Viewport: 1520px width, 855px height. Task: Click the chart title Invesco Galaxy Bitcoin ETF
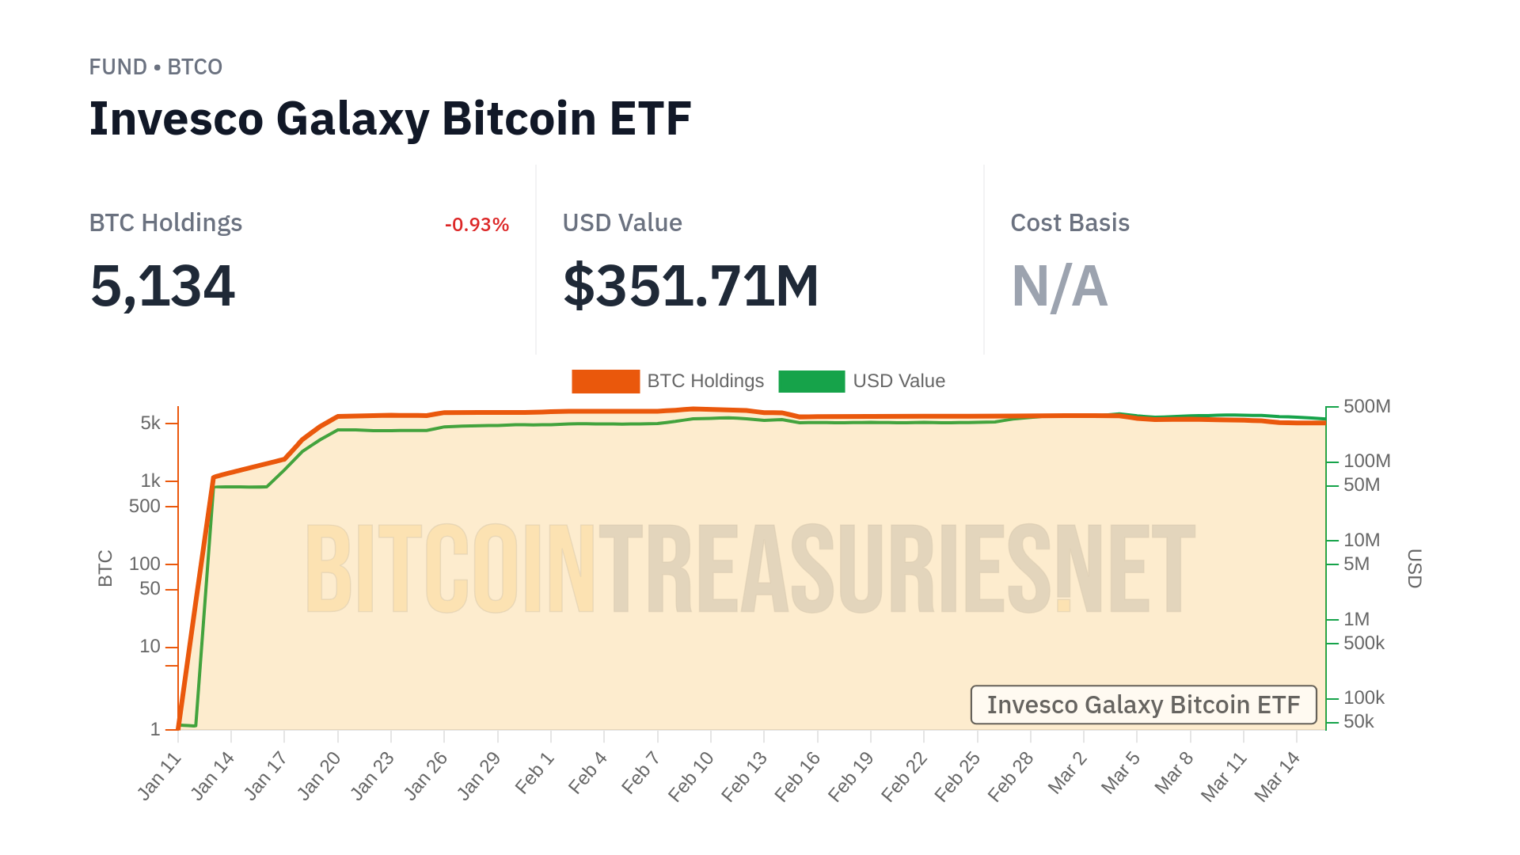point(389,119)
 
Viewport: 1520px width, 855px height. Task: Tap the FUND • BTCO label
point(155,67)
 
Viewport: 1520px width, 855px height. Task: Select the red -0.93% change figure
point(477,225)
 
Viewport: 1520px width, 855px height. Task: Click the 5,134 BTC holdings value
point(162,286)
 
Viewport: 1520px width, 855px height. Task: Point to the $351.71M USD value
point(690,286)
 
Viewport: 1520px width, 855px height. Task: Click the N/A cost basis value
point(1059,286)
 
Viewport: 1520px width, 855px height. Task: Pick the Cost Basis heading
point(1070,223)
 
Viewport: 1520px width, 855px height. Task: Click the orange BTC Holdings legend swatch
point(606,382)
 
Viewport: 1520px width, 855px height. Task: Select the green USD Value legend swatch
point(811,382)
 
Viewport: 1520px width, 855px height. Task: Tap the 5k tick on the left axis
point(150,424)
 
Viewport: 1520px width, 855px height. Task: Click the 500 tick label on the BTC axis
point(144,507)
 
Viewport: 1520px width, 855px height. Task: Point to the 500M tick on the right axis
point(1366,407)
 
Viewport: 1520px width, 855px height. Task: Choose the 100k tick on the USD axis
point(1363,698)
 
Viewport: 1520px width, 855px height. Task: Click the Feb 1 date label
point(535,774)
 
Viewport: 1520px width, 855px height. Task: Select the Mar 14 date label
point(1277,777)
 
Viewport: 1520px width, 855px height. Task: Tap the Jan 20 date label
point(319,777)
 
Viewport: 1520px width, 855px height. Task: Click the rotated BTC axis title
point(105,568)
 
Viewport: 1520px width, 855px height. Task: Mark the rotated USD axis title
point(1414,568)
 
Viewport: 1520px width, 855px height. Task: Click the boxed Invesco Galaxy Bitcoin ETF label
point(1143,705)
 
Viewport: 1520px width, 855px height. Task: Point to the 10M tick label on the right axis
point(1361,541)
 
